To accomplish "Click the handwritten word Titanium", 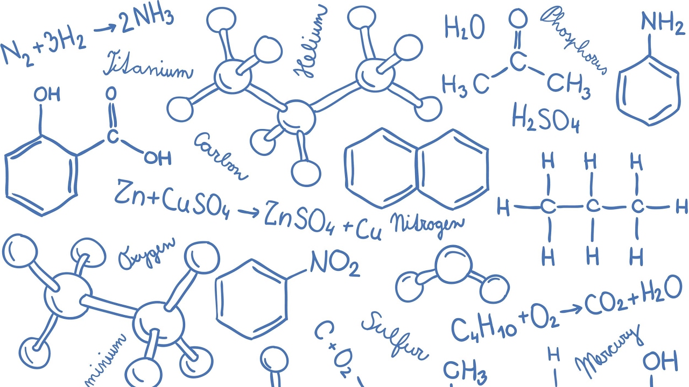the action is tap(147, 66).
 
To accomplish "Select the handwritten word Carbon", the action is tap(221, 155).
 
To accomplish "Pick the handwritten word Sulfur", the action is tap(395, 335).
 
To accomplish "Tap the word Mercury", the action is tap(609, 352).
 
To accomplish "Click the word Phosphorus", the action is tap(574, 39).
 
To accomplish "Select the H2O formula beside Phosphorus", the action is tap(464, 27).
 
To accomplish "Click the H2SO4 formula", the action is tap(545, 118).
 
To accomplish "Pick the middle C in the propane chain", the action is tap(592, 206).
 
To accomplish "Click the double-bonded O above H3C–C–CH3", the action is tap(518, 20).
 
